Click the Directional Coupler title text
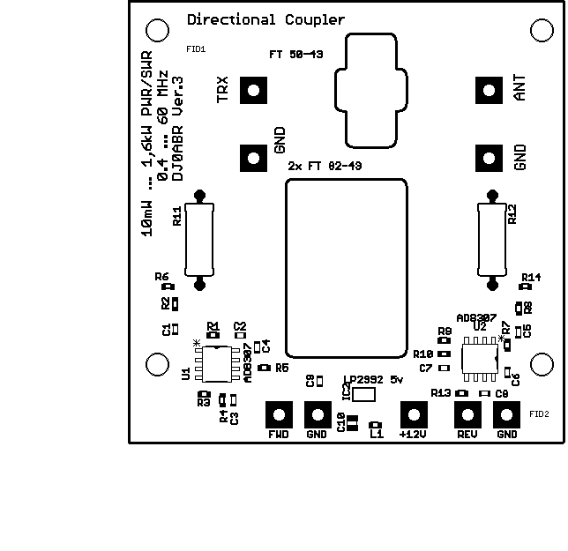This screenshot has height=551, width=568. (265, 19)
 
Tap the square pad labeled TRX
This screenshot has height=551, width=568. (253, 90)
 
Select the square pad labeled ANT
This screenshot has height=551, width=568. (489, 90)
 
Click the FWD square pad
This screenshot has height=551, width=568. (279, 414)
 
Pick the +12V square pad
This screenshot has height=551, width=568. (412, 414)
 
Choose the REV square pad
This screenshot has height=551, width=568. (467, 414)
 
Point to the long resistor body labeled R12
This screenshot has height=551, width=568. (490, 238)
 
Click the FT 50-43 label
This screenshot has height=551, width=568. (296, 55)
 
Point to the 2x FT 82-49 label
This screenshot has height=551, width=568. (325, 166)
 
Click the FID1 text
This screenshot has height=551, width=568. (196, 49)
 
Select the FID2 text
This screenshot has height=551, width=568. (540, 413)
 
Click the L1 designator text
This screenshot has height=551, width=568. (377, 435)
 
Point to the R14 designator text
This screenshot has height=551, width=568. (531, 277)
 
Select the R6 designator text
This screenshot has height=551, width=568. (161, 277)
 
